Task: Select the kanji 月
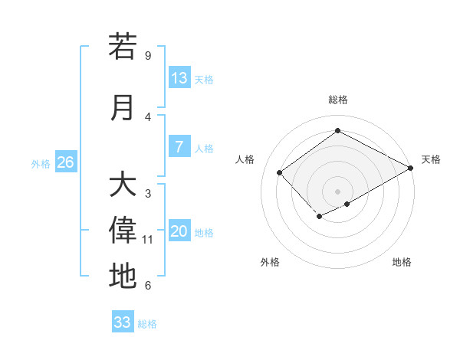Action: pyautogui.click(x=123, y=107)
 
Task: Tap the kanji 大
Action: pyautogui.click(x=123, y=185)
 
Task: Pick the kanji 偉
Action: pyautogui.click(x=123, y=231)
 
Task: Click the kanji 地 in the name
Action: pyautogui.click(x=123, y=276)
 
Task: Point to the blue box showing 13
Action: pyautogui.click(x=179, y=78)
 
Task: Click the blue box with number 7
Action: pyautogui.click(x=179, y=147)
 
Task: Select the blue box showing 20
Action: pyautogui.click(x=179, y=232)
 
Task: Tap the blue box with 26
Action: pyautogui.click(x=65, y=162)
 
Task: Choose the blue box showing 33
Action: pyautogui.click(x=123, y=322)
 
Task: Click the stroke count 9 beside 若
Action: pyautogui.click(x=147, y=56)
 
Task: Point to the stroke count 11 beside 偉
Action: pyautogui.click(x=148, y=240)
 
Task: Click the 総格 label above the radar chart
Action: pyautogui.click(x=337, y=100)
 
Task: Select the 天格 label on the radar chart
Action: pyautogui.click(x=431, y=159)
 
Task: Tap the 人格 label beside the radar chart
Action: pyautogui.click(x=245, y=159)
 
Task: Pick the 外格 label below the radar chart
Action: pyautogui.click(x=270, y=263)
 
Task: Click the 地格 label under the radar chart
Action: pyautogui.click(x=402, y=263)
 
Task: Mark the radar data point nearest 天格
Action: pyautogui.click(x=411, y=168)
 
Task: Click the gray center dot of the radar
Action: pyautogui.click(x=337, y=191)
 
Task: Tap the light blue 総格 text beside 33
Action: pyautogui.click(x=147, y=324)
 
